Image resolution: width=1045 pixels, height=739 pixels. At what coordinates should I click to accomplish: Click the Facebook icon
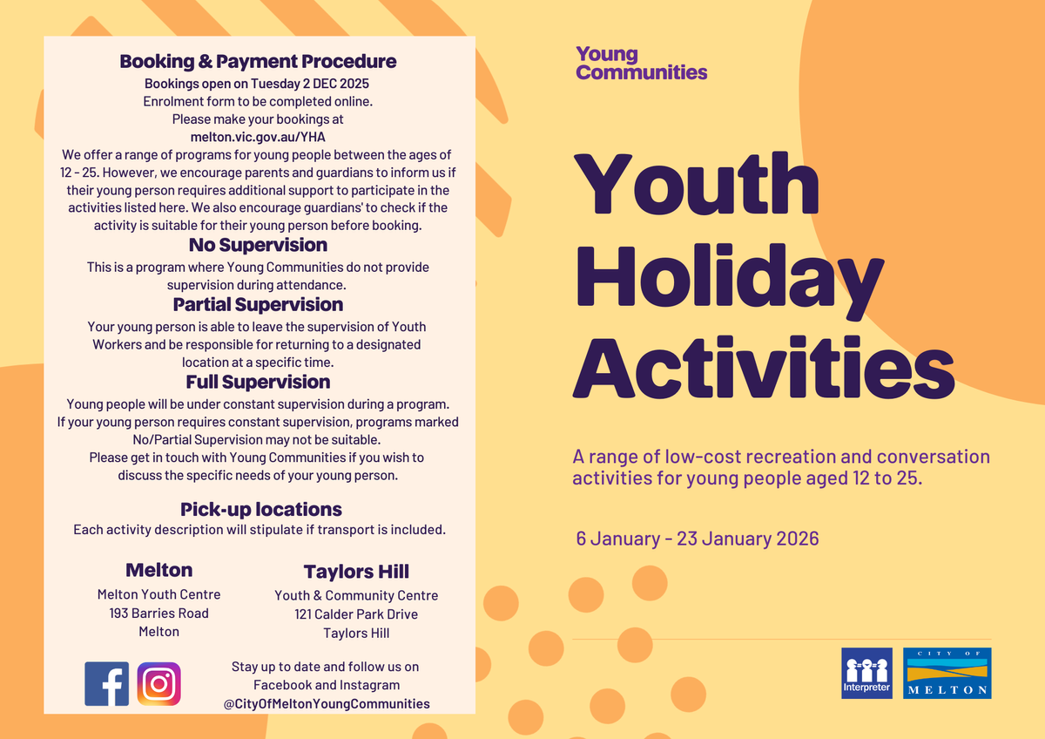click(x=106, y=683)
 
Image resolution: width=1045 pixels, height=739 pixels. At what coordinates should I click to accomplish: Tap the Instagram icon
click(x=158, y=683)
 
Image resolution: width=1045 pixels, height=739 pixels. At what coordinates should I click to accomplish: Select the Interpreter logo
click(x=866, y=673)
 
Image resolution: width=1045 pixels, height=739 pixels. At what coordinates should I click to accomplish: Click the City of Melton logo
click(x=947, y=673)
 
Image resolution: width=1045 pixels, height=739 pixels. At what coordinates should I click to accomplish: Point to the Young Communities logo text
click(x=642, y=63)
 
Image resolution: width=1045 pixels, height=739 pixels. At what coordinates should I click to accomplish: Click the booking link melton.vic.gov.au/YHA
click(x=258, y=137)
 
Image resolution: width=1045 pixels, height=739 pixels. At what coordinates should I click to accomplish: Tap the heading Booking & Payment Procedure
click(x=258, y=61)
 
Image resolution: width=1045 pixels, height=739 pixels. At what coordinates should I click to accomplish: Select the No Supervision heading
click(x=258, y=245)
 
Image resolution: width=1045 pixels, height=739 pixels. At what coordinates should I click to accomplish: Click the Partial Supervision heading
click(x=258, y=304)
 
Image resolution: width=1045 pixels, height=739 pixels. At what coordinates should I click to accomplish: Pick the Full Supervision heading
click(x=258, y=382)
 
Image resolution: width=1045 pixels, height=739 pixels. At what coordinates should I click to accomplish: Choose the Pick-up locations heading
click(x=261, y=509)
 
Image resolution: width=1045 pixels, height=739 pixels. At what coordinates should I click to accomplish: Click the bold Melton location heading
click(x=159, y=570)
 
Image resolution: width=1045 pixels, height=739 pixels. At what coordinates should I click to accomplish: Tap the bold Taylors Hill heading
click(x=356, y=572)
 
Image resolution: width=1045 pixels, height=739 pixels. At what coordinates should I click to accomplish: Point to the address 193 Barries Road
click(x=159, y=613)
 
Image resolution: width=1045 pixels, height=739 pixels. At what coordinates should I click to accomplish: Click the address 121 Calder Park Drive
click(x=356, y=614)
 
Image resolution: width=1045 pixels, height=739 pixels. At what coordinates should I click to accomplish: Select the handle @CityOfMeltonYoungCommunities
click(x=327, y=703)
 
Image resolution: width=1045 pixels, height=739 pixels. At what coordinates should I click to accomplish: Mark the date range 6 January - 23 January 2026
click(x=698, y=539)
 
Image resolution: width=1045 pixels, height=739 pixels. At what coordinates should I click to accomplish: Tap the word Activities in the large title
click(x=764, y=368)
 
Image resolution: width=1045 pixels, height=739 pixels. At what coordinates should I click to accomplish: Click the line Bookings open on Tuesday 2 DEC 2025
click(x=257, y=84)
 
